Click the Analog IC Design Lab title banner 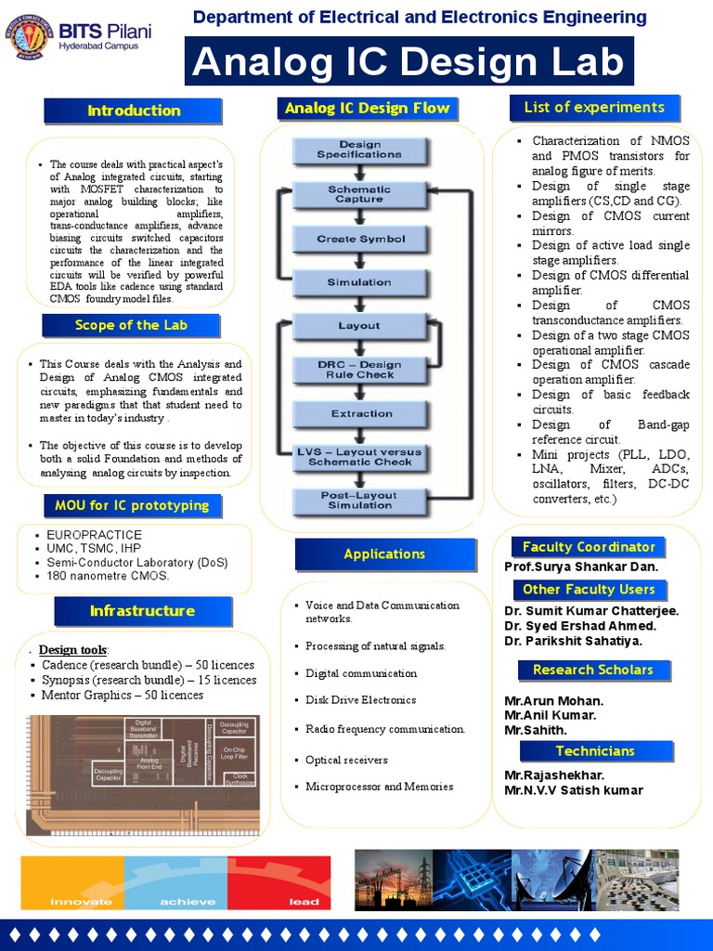409,62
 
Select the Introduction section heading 134,111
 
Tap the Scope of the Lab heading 131,325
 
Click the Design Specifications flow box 360,150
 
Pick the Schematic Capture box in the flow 360,194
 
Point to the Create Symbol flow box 360,239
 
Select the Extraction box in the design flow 360,413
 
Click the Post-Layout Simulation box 360,501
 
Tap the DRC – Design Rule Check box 360,370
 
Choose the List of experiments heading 594,108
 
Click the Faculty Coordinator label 589,547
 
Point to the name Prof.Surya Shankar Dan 581,567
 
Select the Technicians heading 595,751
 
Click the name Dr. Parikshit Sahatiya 573,641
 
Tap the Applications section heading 384,554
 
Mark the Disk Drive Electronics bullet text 360,700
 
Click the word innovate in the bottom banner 81,901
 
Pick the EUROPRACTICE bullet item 95,536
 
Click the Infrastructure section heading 142,611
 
